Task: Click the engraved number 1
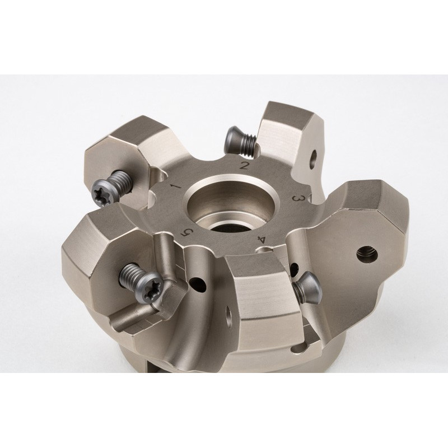pos(176,186)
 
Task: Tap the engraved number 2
pos(244,165)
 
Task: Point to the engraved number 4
pos(261,239)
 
